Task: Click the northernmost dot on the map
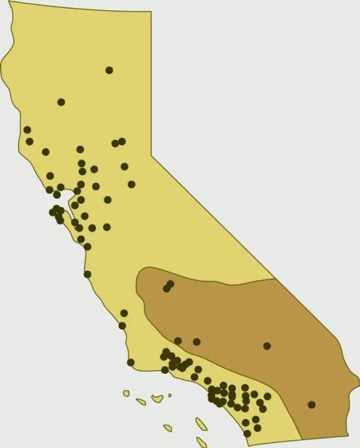[109, 70]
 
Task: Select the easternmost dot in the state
[312, 405]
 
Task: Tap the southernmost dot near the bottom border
[247, 433]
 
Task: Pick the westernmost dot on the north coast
[27, 129]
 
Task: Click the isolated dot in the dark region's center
[267, 346]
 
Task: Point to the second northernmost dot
[61, 102]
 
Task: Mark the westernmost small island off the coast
[126, 393]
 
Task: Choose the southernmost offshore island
[201, 442]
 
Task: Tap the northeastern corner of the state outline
[151, 12]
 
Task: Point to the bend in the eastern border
[152, 155]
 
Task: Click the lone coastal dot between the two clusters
[88, 274]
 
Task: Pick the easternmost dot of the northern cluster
[132, 184]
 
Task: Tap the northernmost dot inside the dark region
[170, 284]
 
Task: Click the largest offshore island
[201, 424]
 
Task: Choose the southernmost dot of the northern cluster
[88, 246]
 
